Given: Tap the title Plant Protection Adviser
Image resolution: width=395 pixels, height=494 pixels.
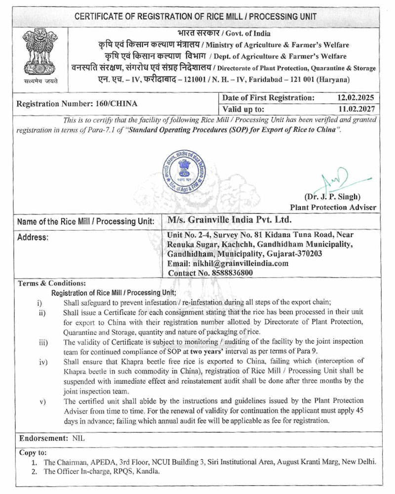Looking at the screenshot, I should tap(333, 207).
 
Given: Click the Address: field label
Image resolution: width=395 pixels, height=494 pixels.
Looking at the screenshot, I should tap(33, 237).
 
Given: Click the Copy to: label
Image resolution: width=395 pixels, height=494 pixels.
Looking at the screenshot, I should tap(33, 453).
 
